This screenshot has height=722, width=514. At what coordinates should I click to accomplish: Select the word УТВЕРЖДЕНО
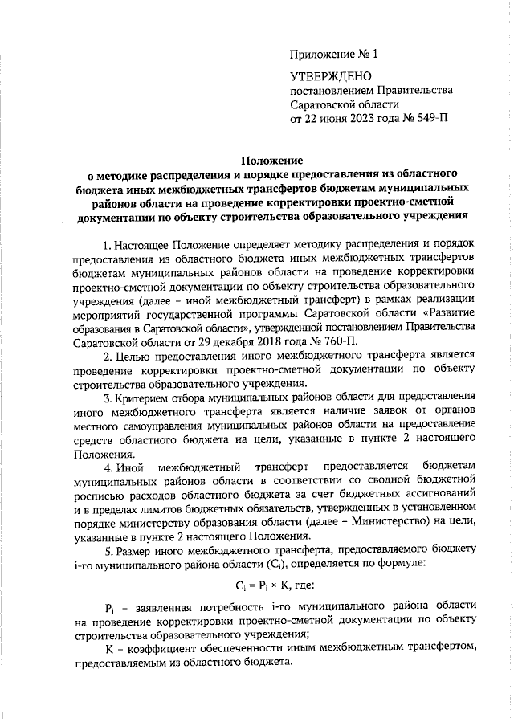pyautogui.click(x=330, y=77)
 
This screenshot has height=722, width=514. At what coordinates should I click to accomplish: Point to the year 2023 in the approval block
pyautogui.click(x=365, y=119)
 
